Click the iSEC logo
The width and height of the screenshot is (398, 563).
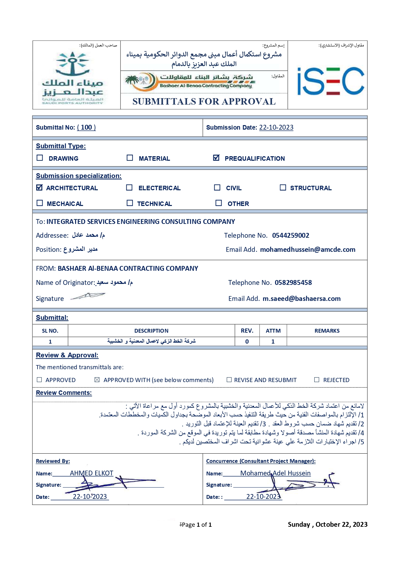coord(330,81)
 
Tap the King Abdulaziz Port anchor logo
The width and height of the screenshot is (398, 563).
coord(72,77)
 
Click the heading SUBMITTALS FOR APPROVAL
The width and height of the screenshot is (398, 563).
coord(204,101)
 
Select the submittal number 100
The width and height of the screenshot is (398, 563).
coord(86,127)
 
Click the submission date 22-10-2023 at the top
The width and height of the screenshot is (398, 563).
coord(276,127)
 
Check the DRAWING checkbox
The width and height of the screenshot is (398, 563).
coord(40,158)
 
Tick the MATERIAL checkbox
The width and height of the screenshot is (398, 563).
coord(130,158)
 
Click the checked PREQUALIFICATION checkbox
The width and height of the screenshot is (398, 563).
coord(216,158)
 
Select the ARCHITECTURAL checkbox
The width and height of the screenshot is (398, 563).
coord(39,187)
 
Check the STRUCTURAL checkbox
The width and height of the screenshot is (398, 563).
coord(283,187)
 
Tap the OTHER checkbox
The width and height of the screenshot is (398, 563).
coord(219,203)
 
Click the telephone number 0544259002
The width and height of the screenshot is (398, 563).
coord(291,235)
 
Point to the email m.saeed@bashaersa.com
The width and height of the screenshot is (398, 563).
coord(301,299)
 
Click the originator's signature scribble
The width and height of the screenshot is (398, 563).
coord(88,296)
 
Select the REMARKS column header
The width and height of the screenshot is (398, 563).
coord(327,331)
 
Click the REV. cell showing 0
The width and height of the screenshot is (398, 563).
coord(247,342)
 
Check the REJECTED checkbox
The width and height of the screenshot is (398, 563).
coord(317,380)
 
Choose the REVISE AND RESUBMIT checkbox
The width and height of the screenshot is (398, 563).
coord(229,380)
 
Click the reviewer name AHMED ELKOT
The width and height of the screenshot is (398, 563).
coord(91,473)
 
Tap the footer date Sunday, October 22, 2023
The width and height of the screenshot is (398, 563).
coord(327,525)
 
